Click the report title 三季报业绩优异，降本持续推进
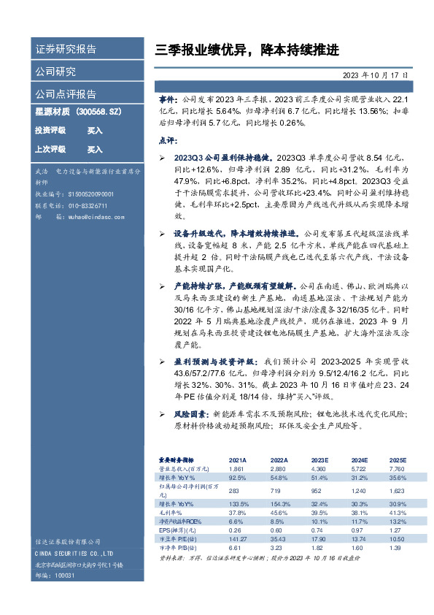point(247,50)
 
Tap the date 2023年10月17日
point(376,76)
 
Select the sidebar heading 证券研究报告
point(66,50)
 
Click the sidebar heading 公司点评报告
point(66,93)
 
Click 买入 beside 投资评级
point(95,130)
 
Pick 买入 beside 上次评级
point(95,149)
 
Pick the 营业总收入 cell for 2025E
point(397,468)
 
